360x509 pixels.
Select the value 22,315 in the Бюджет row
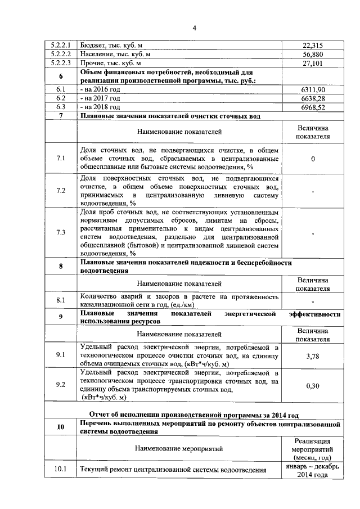click(x=313, y=46)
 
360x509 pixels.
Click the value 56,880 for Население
click(x=313, y=55)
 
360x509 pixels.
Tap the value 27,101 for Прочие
click(x=313, y=64)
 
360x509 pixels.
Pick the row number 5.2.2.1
click(x=60, y=46)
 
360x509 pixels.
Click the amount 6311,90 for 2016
click(x=313, y=89)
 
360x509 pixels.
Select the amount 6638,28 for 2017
click(x=313, y=98)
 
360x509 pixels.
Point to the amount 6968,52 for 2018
click(x=313, y=106)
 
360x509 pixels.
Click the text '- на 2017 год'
click(x=101, y=98)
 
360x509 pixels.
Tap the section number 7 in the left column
click(x=60, y=116)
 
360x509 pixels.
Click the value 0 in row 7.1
click(x=313, y=159)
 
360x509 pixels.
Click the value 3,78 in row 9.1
click(x=313, y=356)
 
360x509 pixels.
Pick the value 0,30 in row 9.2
click(x=313, y=386)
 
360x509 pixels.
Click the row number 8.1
click(x=60, y=300)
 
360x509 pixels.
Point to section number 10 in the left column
click(x=60, y=427)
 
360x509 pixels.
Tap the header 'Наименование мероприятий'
click(x=179, y=448)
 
